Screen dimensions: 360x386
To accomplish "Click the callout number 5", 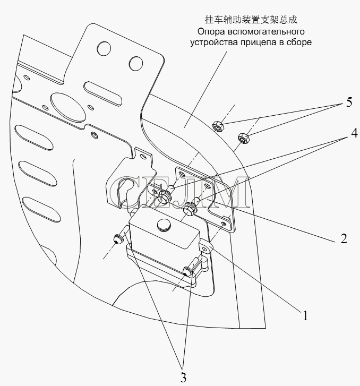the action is (x=349, y=102).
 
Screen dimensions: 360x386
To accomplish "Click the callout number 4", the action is (x=354, y=133).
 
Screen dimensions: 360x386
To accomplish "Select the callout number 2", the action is (x=344, y=238).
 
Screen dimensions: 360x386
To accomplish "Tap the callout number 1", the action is (x=305, y=315).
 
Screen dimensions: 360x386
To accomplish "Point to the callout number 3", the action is (x=183, y=378).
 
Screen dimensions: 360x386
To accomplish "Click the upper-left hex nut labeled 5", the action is (x=218, y=126).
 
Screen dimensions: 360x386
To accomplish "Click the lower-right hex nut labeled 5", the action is (x=244, y=139).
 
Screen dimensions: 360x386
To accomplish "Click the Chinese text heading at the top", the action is (x=251, y=20).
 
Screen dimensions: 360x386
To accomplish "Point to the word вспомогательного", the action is (x=266, y=32).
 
